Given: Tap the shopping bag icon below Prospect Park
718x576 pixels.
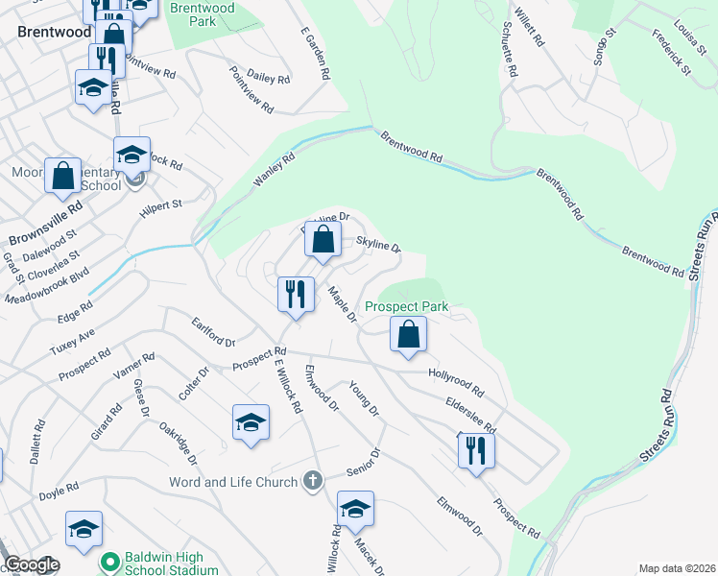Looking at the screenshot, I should point(409,335).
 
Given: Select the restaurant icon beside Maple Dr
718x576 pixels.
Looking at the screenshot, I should point(296,294).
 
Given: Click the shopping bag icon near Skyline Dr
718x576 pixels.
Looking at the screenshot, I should point(323,240).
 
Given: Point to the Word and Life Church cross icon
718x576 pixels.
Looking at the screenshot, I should point(312,481).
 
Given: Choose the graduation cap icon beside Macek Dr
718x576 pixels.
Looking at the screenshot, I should point(355,509).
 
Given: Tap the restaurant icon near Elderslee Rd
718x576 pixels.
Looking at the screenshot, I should point(476,449).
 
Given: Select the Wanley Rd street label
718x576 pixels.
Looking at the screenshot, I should point(273,169).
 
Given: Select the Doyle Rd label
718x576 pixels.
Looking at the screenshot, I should point(59,492).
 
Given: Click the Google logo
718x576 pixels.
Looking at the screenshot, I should point(31,564).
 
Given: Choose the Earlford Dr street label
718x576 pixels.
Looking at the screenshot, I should point(213,333).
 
